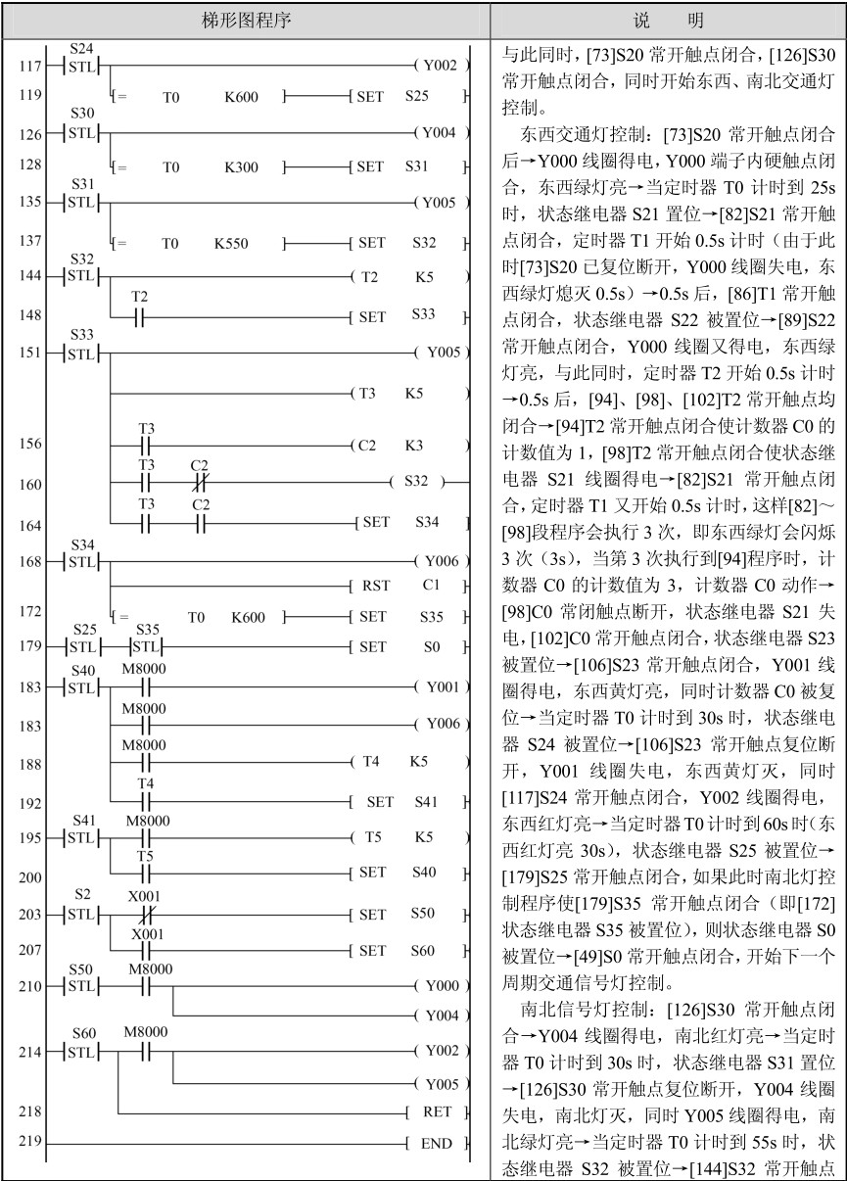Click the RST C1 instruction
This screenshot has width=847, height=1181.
tap(401, 587)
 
